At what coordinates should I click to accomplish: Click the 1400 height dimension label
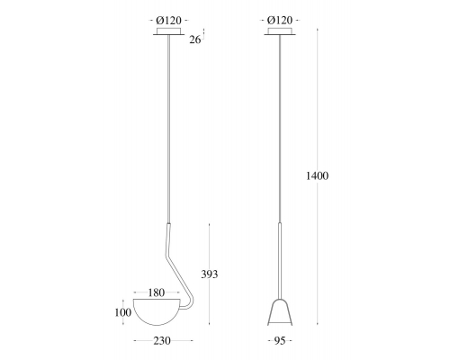(x=317, y=175)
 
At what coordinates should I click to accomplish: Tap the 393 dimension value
(x=210, y=274)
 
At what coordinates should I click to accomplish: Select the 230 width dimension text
(x=162, y=341)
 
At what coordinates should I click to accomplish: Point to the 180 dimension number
(x=157, y=292)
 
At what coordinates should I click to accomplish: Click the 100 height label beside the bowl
(x=123, y=312)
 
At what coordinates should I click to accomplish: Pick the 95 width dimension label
(x=279, y=341)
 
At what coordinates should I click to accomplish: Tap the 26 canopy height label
(x=195, y=40)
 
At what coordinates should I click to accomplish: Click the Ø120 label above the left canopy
(x=169, y=21)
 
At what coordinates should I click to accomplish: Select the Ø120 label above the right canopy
(x=280, y=21)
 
